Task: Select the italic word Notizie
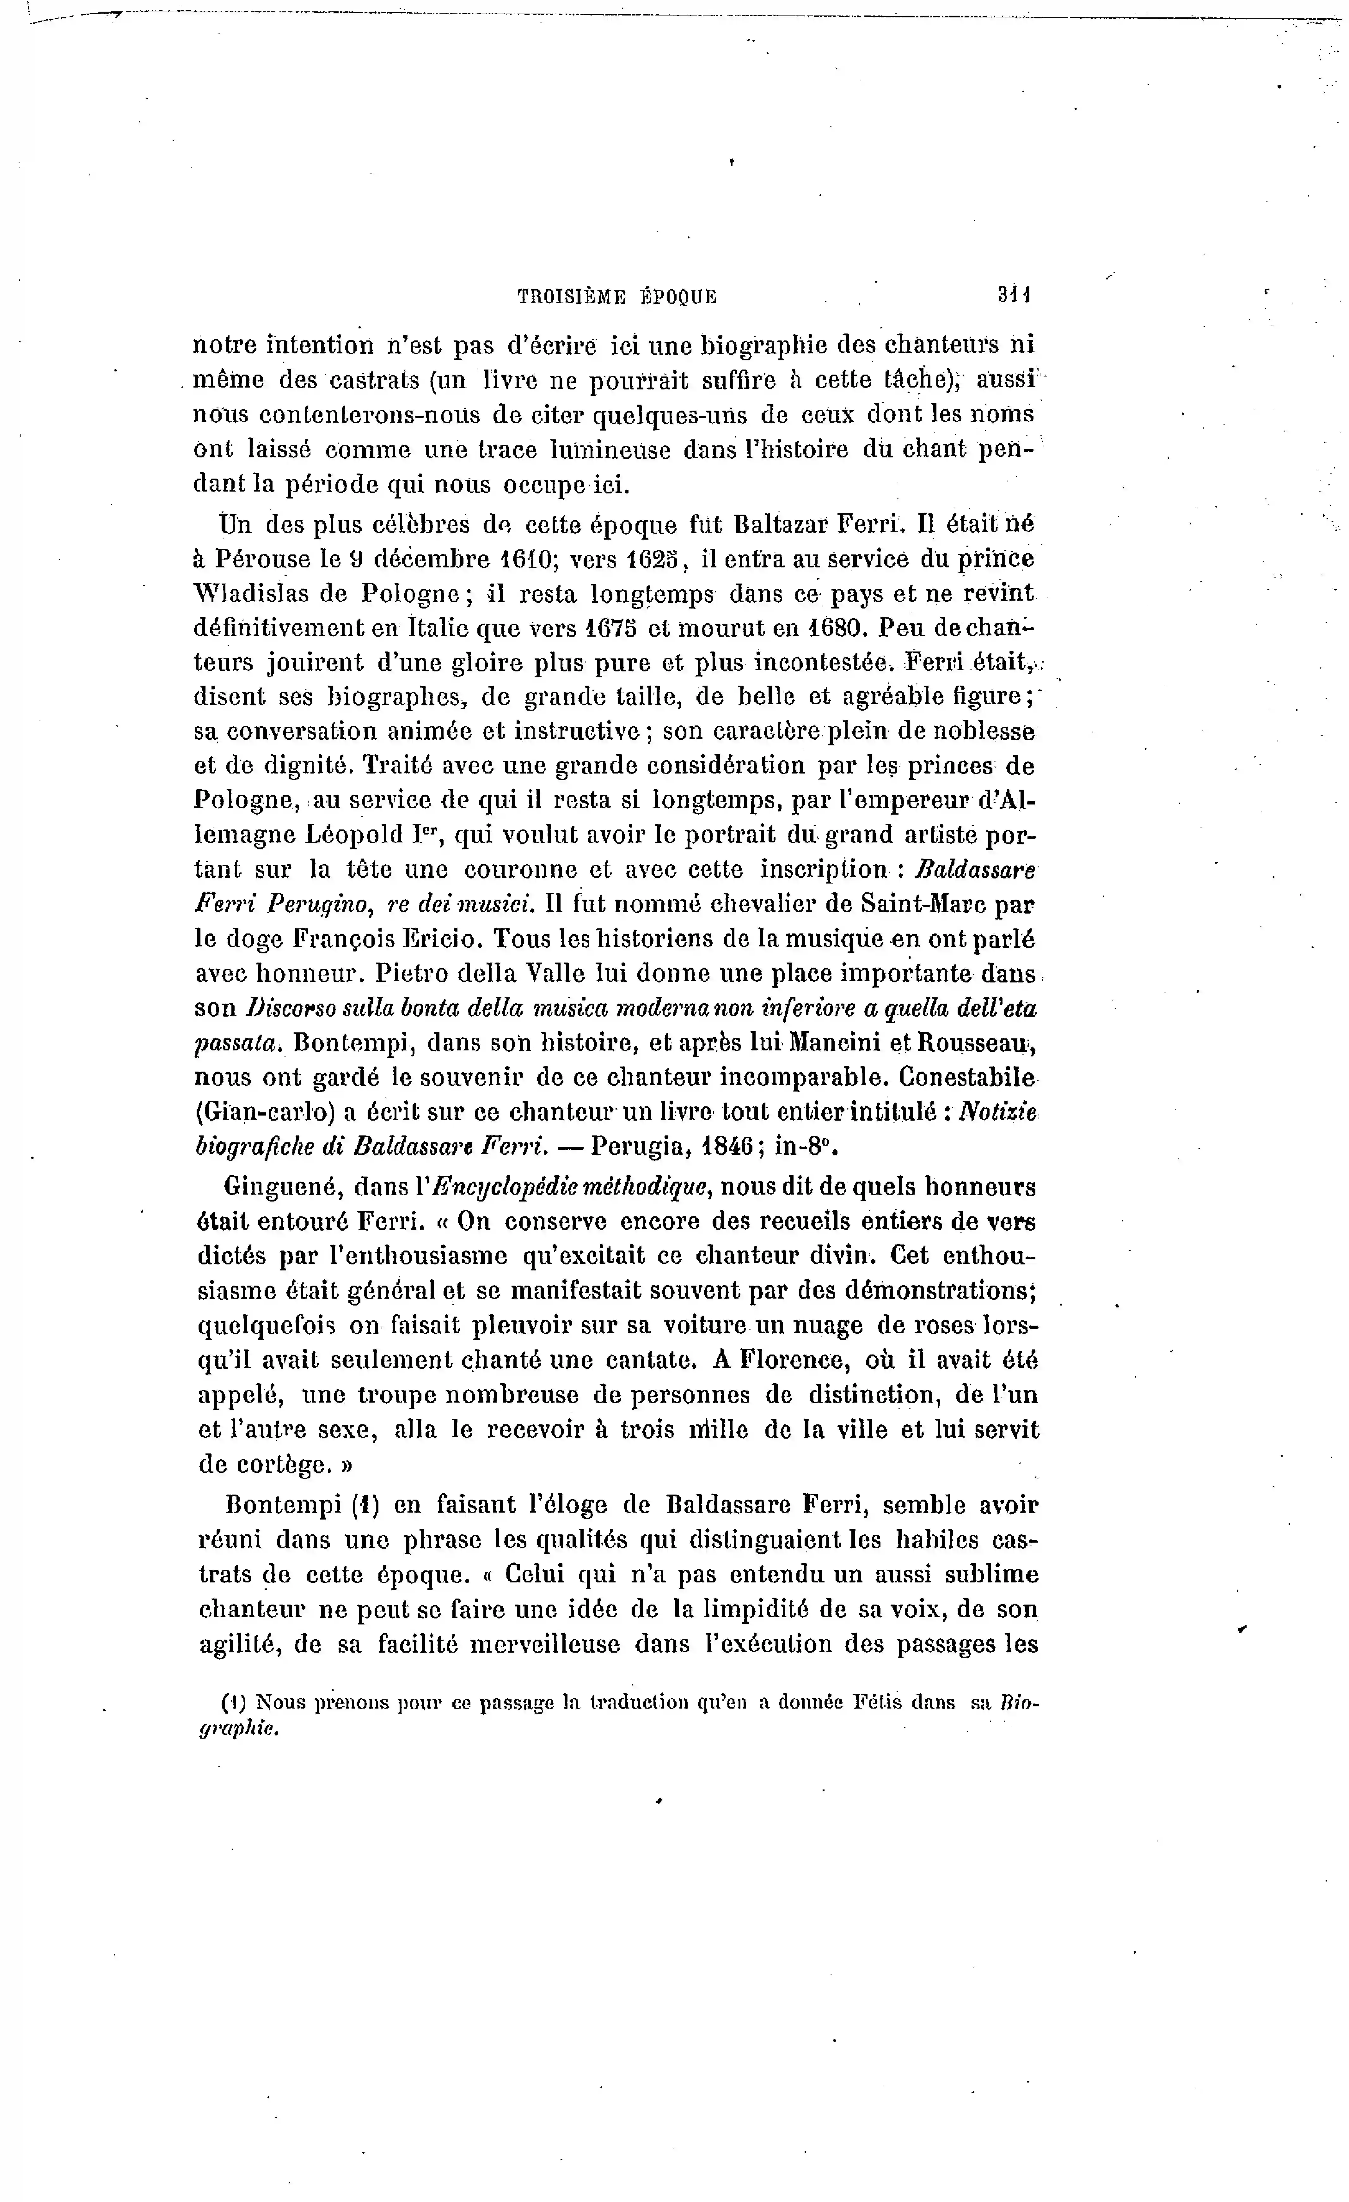pyautogui.click(x=998, y=1113)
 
